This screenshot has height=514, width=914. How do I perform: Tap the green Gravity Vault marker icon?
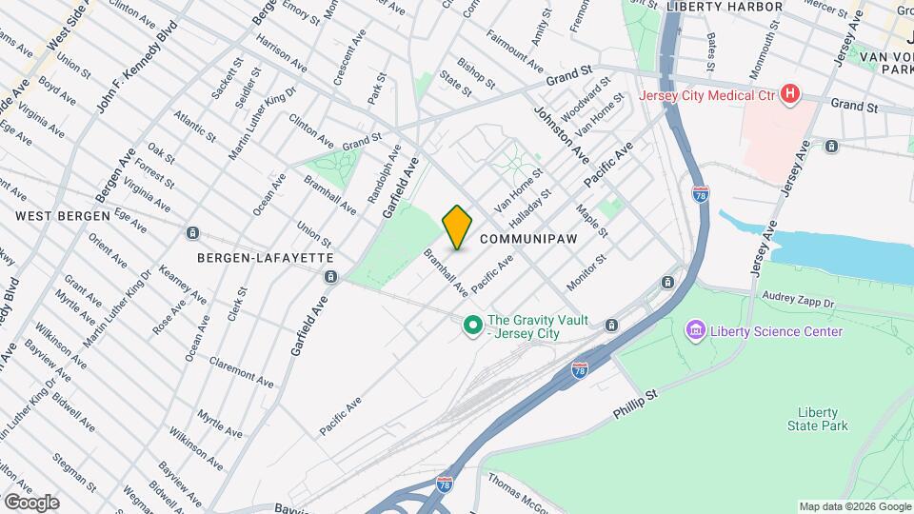[471, 326]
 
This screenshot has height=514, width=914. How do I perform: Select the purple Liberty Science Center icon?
[695, 331]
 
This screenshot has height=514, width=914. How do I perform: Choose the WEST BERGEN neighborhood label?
[63, 216]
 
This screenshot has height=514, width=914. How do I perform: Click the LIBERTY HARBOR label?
[725, 7]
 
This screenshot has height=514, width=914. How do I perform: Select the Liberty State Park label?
[817, 419]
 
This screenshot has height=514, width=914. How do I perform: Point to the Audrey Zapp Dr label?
[798, 300]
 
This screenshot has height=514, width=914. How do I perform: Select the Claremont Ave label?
[242, 369]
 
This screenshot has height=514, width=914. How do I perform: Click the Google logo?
[31, 502]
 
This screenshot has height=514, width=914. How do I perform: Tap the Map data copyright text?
[853, 506]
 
